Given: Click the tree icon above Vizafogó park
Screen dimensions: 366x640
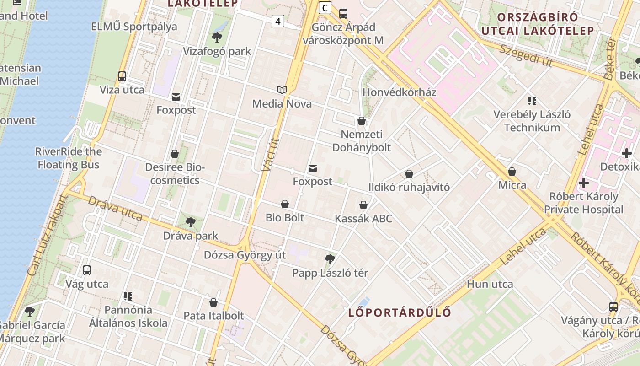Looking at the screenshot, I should point(217,37).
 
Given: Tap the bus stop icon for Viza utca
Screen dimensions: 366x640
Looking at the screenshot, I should point(122,76).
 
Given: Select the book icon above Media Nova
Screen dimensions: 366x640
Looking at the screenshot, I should point(282,90).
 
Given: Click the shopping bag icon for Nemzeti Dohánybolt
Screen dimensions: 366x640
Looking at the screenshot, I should point(362,121).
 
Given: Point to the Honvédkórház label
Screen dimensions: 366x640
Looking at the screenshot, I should point(399,92).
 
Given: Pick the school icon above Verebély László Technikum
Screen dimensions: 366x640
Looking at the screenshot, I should point(532,101).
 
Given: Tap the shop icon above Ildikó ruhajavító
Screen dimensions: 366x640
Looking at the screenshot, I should point(409,174).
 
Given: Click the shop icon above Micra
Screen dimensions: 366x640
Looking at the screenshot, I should point(512,172).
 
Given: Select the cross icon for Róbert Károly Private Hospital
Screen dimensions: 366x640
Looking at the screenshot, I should point(583,183).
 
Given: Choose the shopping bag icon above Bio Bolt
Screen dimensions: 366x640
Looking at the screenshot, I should point(285,204).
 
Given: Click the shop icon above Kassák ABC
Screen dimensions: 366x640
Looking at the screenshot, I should point(363,205).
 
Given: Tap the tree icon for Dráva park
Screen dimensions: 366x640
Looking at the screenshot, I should point(190,222).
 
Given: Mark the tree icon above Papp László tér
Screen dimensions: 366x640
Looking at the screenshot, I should point(330,259).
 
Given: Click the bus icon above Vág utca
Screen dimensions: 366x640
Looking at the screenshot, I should point(87,270).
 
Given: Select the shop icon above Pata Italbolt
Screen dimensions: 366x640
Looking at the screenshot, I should point(213,302).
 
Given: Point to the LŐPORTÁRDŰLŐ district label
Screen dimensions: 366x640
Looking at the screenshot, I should point(400,312).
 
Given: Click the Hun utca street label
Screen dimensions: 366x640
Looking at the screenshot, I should point(490,284).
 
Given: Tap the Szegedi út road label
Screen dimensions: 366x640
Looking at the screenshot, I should point(525,56).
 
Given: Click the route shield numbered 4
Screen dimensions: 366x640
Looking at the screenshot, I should point(277,21).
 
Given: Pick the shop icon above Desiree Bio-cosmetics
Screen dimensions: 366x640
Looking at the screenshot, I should point(175,154).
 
